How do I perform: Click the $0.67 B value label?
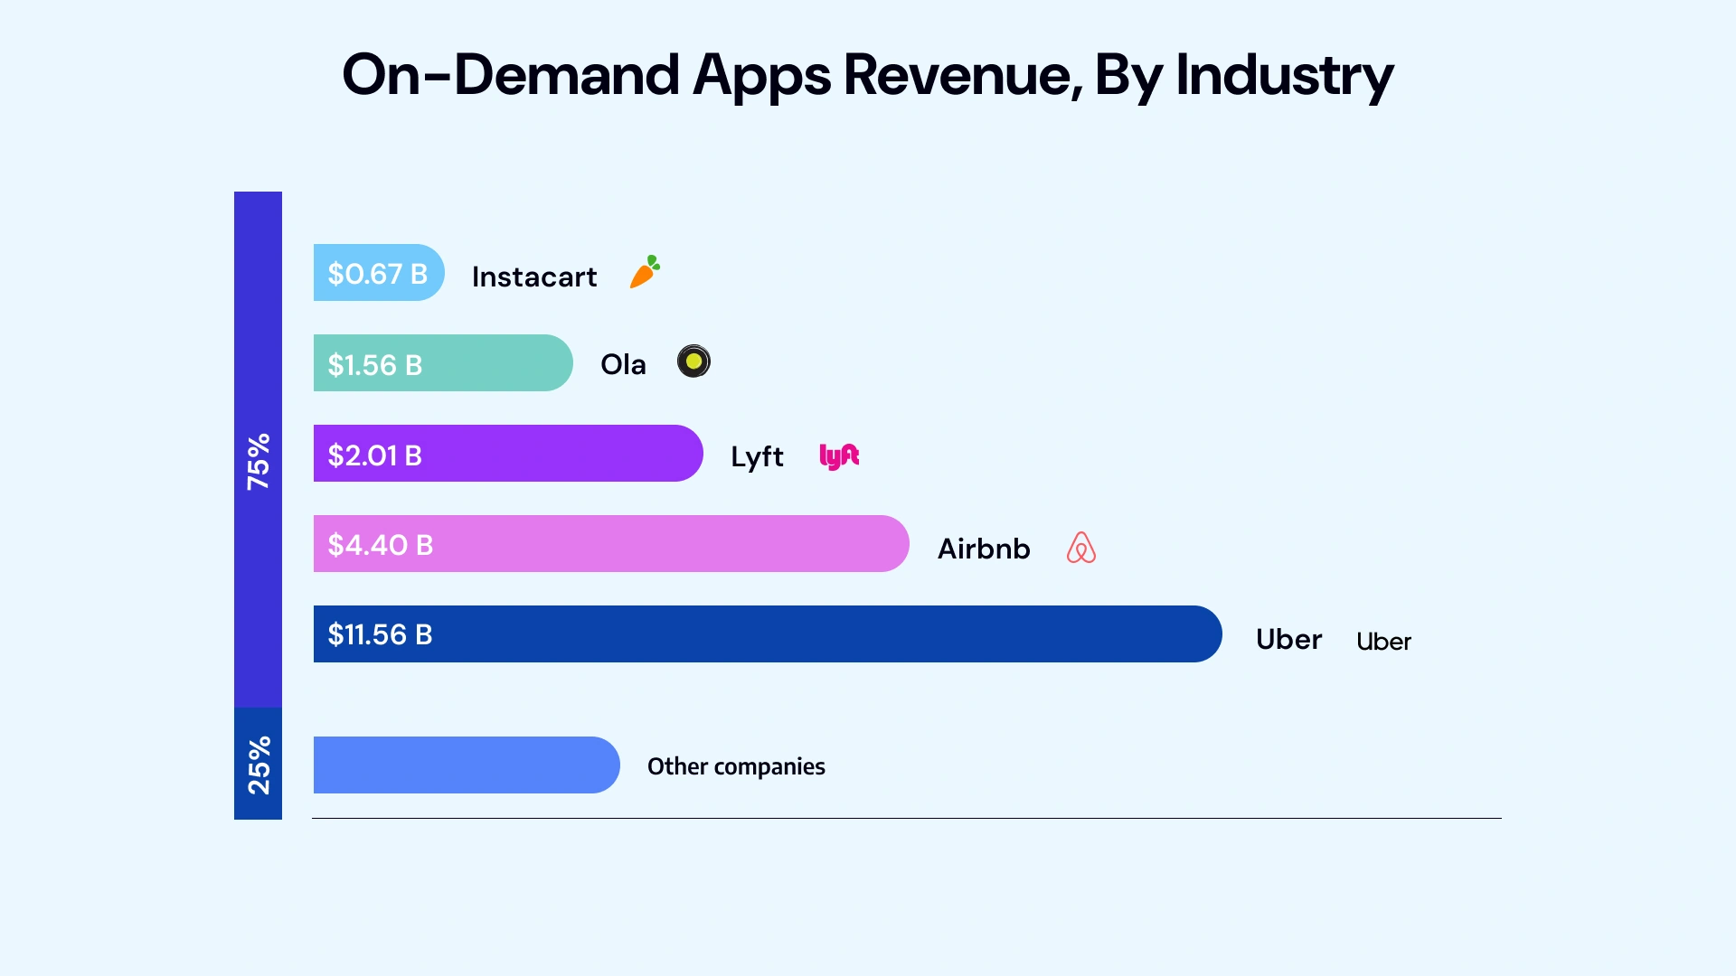pos(377,274)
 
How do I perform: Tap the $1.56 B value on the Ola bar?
pos(374,365)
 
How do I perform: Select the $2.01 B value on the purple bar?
pos(374,455)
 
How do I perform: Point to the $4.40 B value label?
pos(380,545)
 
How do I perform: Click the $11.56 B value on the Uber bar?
pos(380,634)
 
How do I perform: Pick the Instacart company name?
pos(533,277)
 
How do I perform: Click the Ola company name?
pos(623,364)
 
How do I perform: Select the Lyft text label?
pos(757,456)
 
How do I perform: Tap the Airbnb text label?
pos(983,549)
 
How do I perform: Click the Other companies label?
pos(736,766)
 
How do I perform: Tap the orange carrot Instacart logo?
pos(645,272)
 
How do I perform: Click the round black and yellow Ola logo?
pos(693,361)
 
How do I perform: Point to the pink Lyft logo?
pos(839,455)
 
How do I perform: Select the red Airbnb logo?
pos(1080,548)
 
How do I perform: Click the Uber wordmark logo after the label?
pos(1383,642)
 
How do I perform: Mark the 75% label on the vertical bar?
pos(259,461)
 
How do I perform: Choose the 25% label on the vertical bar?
pos(259,765)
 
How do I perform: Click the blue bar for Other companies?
pos(466,765)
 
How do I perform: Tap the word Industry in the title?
pos(1284,74)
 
